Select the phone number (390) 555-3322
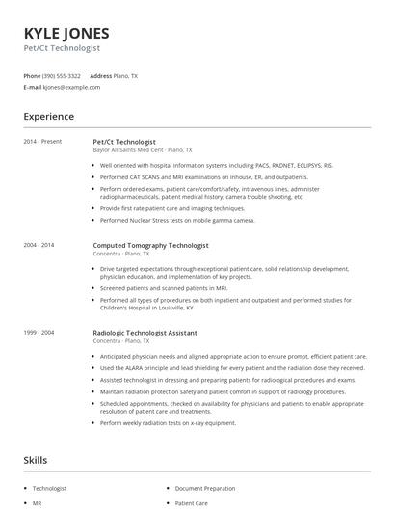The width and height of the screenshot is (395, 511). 61,75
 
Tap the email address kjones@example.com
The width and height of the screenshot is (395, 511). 71,87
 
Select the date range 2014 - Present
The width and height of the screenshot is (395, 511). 43,141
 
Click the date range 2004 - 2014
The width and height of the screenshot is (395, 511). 39,245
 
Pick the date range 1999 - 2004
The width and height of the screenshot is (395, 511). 39,332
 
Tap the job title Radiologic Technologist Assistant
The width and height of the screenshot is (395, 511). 145,332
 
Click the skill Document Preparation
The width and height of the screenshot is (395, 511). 206,489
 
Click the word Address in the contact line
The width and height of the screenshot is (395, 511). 100,75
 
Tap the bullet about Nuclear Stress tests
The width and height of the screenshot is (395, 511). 177,220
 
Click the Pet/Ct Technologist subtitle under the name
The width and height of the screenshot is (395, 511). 62,47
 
